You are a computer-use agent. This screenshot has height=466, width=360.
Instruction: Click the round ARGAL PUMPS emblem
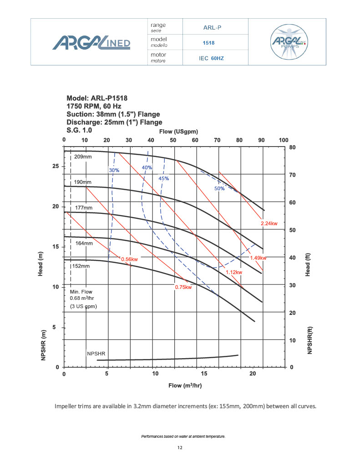pyautogui.click(x=289, y=41)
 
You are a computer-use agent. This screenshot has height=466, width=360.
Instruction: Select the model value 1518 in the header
pyautogui.click(x=208, y=43)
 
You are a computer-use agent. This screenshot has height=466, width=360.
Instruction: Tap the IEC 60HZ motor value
pyautogui.click(x=212, y=59)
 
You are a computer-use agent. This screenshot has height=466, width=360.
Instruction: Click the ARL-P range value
pyautogui.click(x=213, y=27)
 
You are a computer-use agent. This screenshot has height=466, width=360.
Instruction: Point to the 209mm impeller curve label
pyautogui.click(x=83, y=157)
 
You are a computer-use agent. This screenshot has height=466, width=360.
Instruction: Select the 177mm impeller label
pyautogui.click(x=83, y=208)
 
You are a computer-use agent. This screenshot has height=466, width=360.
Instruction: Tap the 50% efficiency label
pyautogui.click(x=219, y=188)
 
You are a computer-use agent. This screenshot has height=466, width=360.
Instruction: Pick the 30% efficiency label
pyautogui.click(x=114, y=170)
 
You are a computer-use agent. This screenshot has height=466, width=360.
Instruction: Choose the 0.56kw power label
pyautogui.click(x=129, y=259)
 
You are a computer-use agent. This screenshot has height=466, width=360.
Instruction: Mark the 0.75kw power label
pyautogui.click(x=183, y=287)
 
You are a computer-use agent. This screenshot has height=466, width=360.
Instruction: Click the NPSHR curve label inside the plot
pyautogui.click(x=96, y=353)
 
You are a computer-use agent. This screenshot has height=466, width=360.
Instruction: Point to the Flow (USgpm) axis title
pyautogui.click(x=178, y=132)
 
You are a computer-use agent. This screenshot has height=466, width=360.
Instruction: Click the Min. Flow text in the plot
pyautogui.click(x=81, y=290)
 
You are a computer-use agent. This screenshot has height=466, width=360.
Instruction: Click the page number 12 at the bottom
pyautogui.click(x=180, y=448)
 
